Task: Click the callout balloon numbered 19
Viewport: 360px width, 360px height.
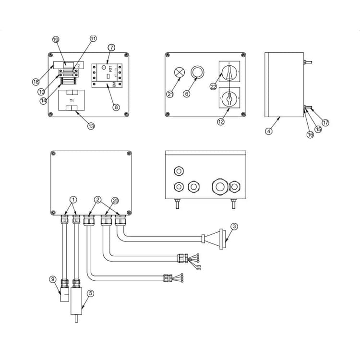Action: coord(56,39)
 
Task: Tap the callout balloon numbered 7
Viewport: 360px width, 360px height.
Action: coord(111,48)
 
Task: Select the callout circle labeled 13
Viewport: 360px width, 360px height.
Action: coord(91,126)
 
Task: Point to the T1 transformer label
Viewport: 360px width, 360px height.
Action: coord(72,101)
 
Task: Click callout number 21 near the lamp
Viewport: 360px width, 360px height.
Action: coord(170,94)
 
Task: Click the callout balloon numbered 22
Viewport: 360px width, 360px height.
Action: coord(213,86)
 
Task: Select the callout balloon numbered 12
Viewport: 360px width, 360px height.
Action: coord(220,122)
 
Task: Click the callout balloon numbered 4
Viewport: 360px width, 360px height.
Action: coord(269,131)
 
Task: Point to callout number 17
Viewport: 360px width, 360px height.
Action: coord(325,123)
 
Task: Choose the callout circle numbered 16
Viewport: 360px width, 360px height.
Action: coord(310,135)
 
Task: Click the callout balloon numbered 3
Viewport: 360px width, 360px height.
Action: coord(234,227)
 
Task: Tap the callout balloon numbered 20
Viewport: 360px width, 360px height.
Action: coord(115,200)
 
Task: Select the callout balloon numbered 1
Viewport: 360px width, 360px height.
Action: coord(73,199)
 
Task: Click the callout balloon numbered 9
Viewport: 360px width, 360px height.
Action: coord(53,279)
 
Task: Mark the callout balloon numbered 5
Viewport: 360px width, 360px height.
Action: coord(91,293)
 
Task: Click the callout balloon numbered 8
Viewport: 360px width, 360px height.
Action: coord(116,108)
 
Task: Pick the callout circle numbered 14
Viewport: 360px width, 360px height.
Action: coord(44,101)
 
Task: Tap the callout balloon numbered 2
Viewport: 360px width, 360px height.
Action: coord(97,199)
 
